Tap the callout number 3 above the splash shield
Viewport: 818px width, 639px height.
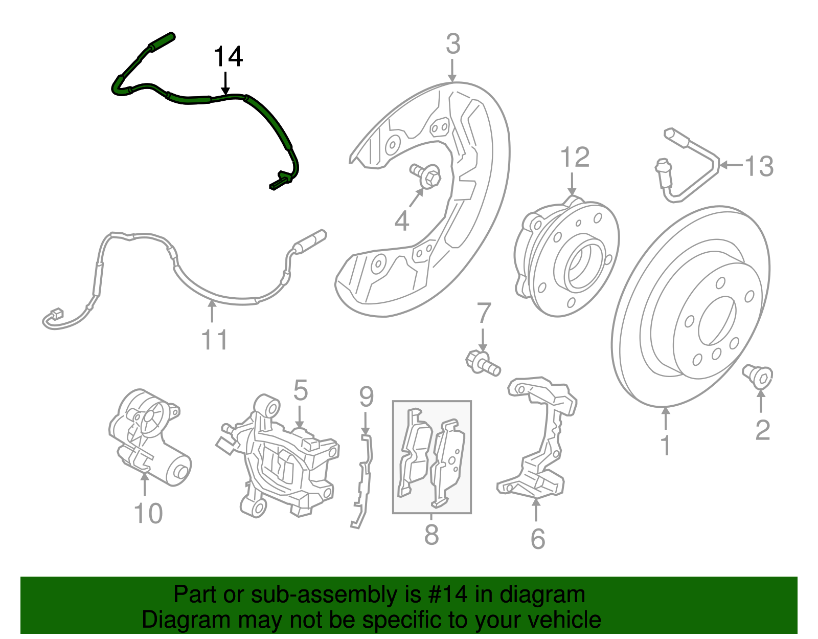(x=453, y=44)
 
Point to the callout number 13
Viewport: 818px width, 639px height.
(x=759, y=166)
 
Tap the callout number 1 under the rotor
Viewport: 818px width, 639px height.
(x=665, y=445)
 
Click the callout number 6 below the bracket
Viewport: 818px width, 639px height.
(x=538, y=538)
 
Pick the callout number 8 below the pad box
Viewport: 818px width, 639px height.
(x=431, y=535)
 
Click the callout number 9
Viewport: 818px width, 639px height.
(x=366, y=396)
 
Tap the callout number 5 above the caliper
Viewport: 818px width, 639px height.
(x=301, y=390)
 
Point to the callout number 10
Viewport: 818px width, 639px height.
(x=148, y=513)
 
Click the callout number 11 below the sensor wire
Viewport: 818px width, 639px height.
(x=214, y=339)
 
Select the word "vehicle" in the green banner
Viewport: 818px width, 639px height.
(x=564, y=620)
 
